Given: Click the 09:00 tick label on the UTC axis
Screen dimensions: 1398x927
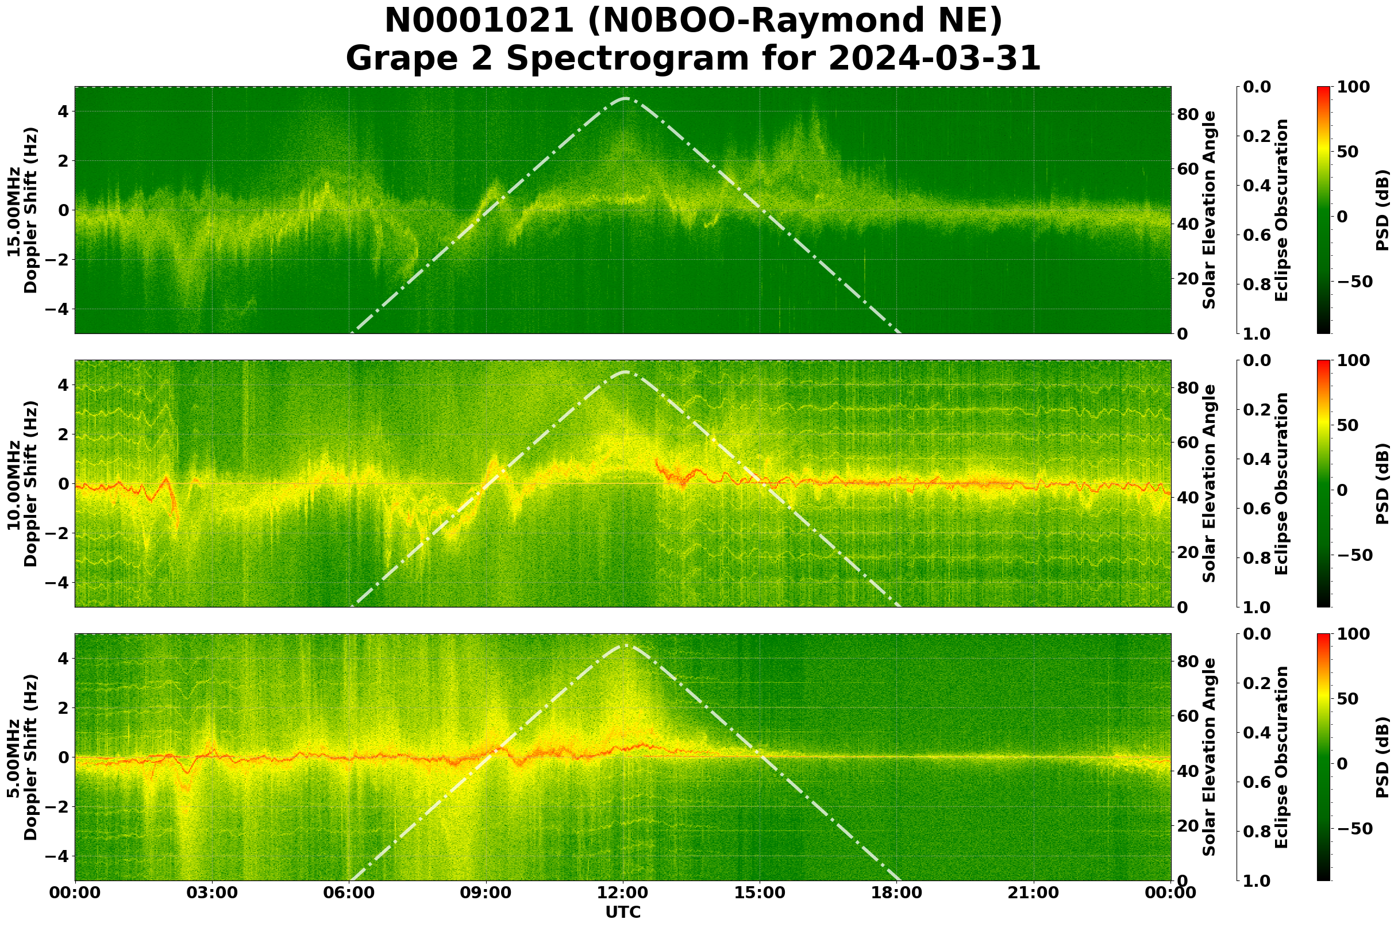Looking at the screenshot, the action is [486, 893].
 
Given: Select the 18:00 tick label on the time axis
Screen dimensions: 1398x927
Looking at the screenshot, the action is [896, 893].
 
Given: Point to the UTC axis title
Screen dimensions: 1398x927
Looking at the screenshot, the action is [623, 912].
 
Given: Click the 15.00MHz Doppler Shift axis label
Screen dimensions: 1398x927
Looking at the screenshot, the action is [22, 210].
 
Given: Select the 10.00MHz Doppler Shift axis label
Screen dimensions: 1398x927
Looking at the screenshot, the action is [22, 483].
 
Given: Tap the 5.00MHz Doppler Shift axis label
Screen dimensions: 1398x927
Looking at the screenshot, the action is [22, 757].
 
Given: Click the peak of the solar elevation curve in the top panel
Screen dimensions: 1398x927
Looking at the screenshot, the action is [625, 98].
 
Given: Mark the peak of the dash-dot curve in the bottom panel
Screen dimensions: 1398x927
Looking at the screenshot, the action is [625, 645].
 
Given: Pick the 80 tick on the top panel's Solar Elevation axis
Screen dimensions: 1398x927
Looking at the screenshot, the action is [1187, 114].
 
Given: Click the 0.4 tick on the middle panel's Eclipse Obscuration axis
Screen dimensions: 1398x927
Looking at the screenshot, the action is [1261, 459].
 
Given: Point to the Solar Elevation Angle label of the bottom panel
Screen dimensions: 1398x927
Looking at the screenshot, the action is [1210, 757].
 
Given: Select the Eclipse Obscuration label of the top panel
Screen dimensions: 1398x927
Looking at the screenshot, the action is [1281, 210].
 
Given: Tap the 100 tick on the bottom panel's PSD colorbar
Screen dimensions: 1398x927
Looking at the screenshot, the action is [1353, 634].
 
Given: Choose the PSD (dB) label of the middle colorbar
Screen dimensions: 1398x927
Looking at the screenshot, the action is [1382, 483].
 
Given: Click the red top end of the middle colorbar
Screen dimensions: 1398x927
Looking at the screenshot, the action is [1323, 362].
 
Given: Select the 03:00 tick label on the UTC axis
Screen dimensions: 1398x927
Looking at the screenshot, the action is [211, 893].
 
